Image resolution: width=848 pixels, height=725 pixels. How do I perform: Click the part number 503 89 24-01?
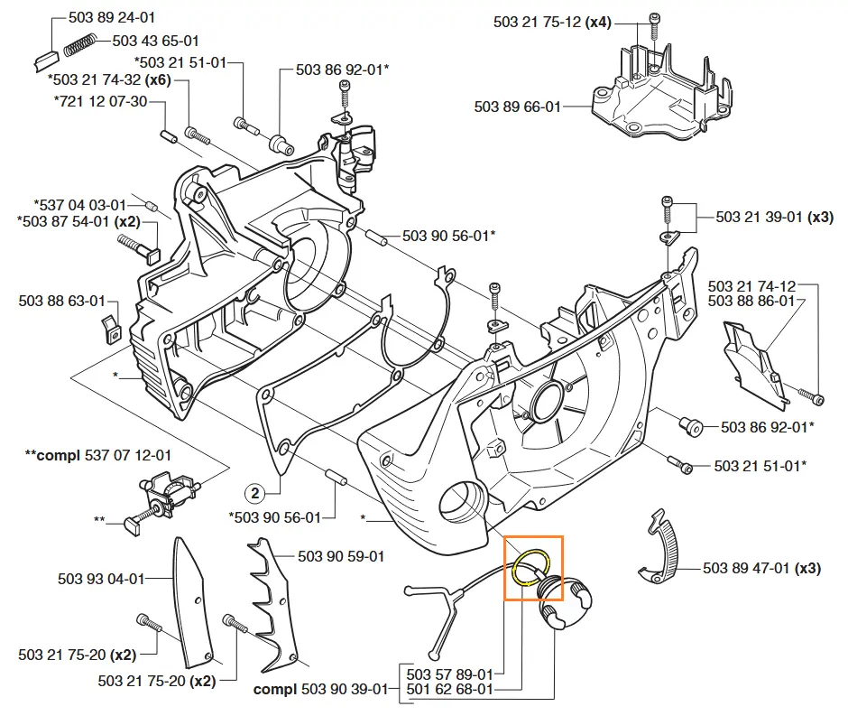(x=111, y=17)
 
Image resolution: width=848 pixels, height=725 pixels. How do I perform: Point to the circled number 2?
(x=255, y=493)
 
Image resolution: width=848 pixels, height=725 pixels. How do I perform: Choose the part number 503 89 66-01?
(x=518, y=107)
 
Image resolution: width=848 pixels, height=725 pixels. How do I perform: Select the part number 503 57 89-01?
(x=449, y=674)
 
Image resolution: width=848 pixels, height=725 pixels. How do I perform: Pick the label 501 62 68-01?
(x=449, y=690)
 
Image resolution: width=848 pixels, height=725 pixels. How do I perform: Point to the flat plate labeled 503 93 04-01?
(x=192, y=600)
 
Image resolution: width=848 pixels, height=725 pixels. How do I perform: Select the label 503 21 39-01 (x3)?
(x=775, y=218)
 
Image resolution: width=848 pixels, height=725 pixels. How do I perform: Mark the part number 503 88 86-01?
(x=751, y=302)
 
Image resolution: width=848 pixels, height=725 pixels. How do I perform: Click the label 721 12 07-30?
(x=100, y=100)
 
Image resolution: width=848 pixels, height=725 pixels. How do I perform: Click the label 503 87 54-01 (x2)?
(x=78, y=220)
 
